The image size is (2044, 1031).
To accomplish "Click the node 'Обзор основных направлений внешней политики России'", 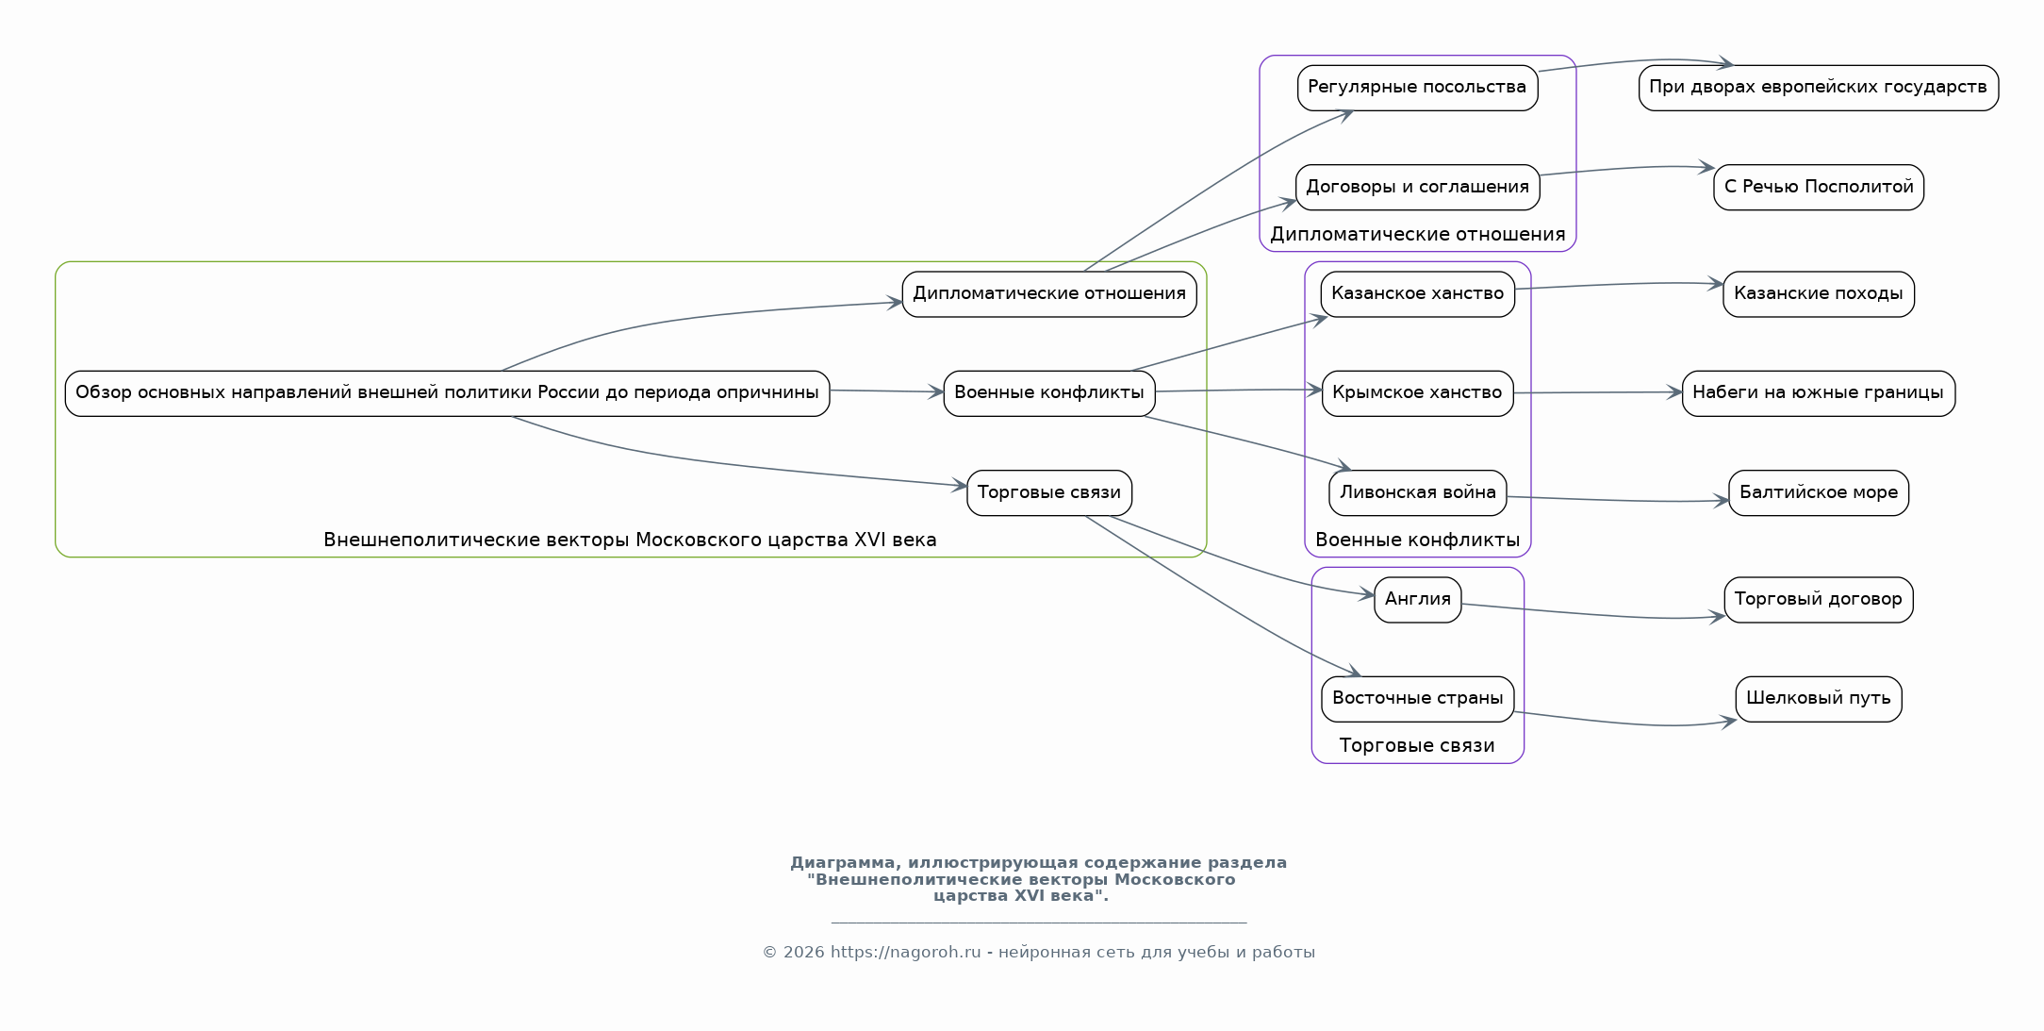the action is [x=447, y=393].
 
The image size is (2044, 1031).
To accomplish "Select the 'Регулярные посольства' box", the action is [x=1417, y=88].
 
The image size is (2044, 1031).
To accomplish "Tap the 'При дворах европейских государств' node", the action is [x=1818, y=88].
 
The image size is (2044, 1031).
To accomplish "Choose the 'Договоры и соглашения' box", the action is [x=1417, y=188].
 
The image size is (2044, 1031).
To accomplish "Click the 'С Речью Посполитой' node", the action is [x=1818, y=188].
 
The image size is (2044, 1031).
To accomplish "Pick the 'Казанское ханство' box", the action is [x=1417, y=294].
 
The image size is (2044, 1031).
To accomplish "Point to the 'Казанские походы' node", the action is [x=1818, y=294].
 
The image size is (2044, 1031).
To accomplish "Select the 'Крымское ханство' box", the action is [x=1417, y=393].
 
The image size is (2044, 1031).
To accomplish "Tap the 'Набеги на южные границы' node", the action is [x=1818, y=393].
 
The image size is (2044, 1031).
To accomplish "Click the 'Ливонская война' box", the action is [x=1417, y=493].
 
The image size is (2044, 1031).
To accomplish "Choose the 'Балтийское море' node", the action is [x=1818, y=493].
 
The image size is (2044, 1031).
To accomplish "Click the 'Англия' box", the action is [x=1417, y=600].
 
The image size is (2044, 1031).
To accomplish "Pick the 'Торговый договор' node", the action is [x=1818, y=600].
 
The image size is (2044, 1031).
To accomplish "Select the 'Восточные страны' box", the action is [x=1417, y=699].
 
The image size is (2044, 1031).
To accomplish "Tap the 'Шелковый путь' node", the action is [x=1818, y=699].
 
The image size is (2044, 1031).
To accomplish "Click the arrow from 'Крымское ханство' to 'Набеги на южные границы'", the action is [x=1598, y=392].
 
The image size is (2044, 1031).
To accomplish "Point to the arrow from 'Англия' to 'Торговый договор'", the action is [x=1593, y=614].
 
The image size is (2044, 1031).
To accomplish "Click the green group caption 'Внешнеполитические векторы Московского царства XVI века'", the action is [x=630, y=540].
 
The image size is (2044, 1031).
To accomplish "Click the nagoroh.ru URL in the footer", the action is [x=905, y=953].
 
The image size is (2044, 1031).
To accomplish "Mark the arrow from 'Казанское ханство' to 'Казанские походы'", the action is [x=1619, y=285].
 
